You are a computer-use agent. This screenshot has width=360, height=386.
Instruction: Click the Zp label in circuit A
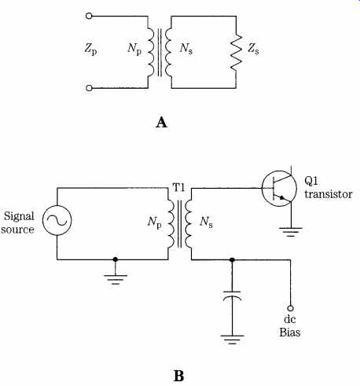coord(90,49)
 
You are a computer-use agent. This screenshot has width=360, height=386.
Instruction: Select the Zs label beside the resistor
coord(253,49)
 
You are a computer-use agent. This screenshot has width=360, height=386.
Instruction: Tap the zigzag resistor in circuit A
coord(236,52)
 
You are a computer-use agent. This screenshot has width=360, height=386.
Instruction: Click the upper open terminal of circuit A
coord(89,16)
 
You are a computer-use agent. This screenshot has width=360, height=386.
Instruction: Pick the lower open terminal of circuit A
coord(89,88)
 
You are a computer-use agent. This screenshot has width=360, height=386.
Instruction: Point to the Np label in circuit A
coord(134,49)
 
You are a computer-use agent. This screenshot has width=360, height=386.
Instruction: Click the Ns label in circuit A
coord(186,49)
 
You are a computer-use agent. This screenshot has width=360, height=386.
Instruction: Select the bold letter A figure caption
coord(161,123)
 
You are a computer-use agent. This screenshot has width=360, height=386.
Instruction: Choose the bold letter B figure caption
coord(178,376)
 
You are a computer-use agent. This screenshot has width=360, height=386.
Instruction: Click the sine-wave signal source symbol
coord(57,220)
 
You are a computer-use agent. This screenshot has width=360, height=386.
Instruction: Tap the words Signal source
coord(18,222)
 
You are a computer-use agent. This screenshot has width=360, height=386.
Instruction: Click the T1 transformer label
coord(178,188)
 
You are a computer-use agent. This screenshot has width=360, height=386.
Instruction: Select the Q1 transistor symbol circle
coord(279,189)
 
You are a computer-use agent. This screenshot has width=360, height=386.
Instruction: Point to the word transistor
coord(329,194)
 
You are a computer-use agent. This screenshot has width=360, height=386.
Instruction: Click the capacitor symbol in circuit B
coord(232,296)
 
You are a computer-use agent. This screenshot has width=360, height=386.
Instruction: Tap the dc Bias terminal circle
coord(290,308)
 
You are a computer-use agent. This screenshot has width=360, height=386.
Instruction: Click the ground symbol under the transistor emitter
coord(291,232)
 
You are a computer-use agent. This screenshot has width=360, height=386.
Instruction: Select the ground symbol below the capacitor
coord(232,340)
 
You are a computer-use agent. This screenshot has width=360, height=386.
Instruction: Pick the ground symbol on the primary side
coord(116,280)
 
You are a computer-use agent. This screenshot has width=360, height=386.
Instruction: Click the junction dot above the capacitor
coord(232,259)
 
